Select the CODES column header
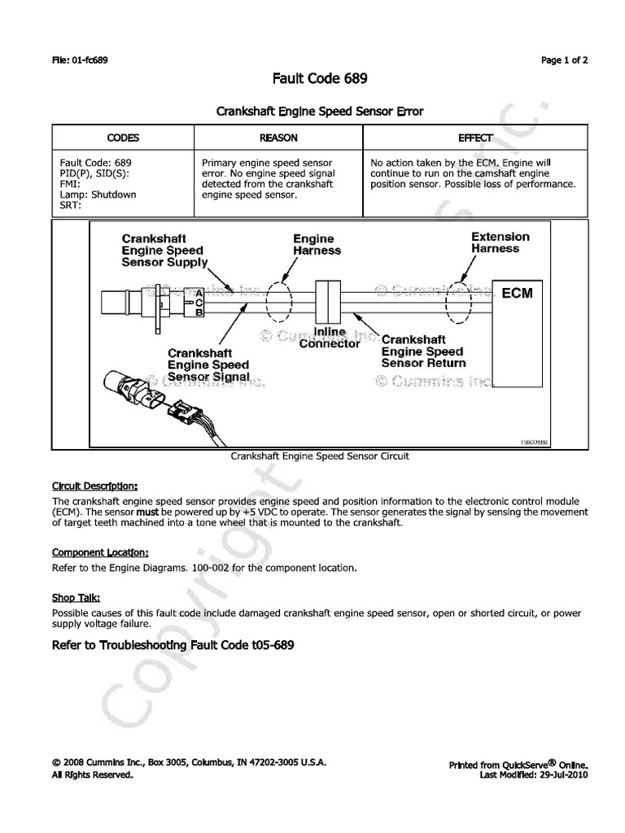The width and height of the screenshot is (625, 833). (124, 138)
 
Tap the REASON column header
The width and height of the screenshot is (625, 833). (278, 138)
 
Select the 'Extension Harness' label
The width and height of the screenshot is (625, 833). (500, 242)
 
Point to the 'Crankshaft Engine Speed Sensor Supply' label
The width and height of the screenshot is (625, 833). (164, 251)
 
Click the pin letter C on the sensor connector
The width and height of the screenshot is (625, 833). (199, 301)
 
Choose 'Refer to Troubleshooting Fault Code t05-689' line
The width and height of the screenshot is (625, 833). (172, 645)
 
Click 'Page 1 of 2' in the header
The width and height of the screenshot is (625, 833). (564, 60)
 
